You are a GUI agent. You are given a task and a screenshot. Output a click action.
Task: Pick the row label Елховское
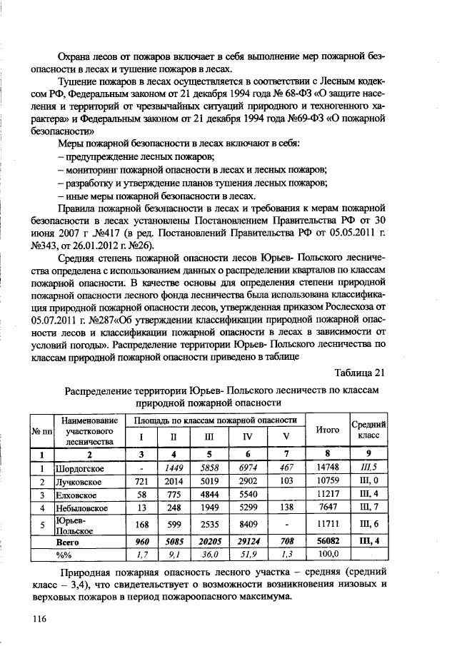pyautogui.click(x=76, y=495)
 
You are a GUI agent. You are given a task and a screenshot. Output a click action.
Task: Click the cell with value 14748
pyautogui.click(x=327, y=468)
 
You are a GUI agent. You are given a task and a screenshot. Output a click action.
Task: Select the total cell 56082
pyautogui.click(x=327, y=541)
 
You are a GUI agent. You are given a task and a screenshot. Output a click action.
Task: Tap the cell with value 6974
pyautogui.click(x=248, y=468)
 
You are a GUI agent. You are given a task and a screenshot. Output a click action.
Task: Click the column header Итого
pyautogui.click(x=327, y=430)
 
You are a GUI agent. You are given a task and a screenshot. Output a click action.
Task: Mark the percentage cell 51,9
pyautogui.click(x=248, y=554)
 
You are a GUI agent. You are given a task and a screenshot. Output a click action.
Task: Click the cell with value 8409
pyautogui.click(x=248, y=525)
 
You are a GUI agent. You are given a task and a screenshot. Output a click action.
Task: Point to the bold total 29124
pyautogui.click(x=248, y=541)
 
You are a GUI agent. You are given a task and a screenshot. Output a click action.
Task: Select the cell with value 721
pyautogui.click(x=141, y=482)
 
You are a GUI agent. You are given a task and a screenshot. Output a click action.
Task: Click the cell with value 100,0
pyautogui.click(x=327, y=554)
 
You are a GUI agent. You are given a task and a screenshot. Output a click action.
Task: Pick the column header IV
pyautogui.click(x=248, y=437)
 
